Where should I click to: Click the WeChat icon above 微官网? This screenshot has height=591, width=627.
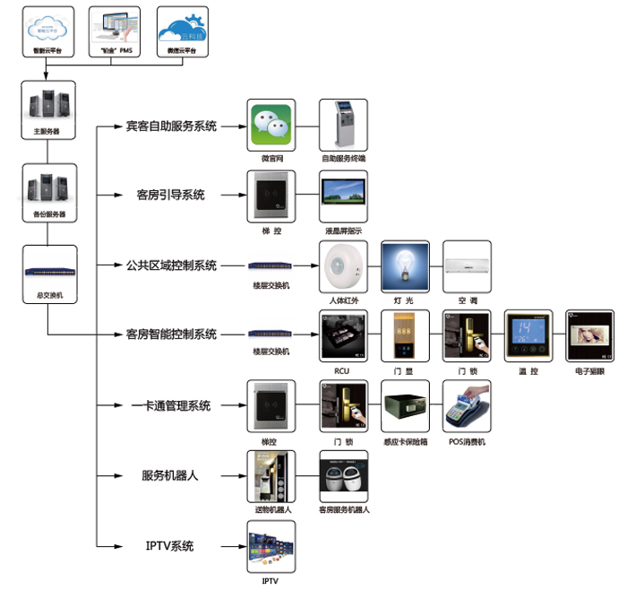click(x=271, y=125)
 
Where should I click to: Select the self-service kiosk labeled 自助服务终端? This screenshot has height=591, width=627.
click(x=344, y=125)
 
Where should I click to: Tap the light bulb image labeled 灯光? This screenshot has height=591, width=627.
click(x=406, y=265)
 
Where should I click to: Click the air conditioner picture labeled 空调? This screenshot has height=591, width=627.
click(x=468, y=265)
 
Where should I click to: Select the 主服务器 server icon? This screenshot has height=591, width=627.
click(x=48, y=106)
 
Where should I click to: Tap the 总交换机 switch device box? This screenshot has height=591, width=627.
click(x=48, y=269)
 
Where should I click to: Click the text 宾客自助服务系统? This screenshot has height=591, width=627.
click(x=171, y=126)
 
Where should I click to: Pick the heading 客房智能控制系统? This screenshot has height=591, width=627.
click(x=171, y=335)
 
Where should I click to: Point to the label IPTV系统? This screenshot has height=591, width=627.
click(x=170, y=545)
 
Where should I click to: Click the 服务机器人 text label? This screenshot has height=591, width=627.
click(x=170, y=475)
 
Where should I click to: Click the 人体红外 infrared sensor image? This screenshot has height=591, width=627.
click(x=344, y=265)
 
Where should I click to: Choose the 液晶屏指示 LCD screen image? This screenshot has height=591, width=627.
click(x=344, y=196)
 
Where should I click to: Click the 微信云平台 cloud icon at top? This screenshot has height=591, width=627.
click(x=183, y=29)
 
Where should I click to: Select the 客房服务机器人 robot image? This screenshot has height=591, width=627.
click(x=344, y=475)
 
